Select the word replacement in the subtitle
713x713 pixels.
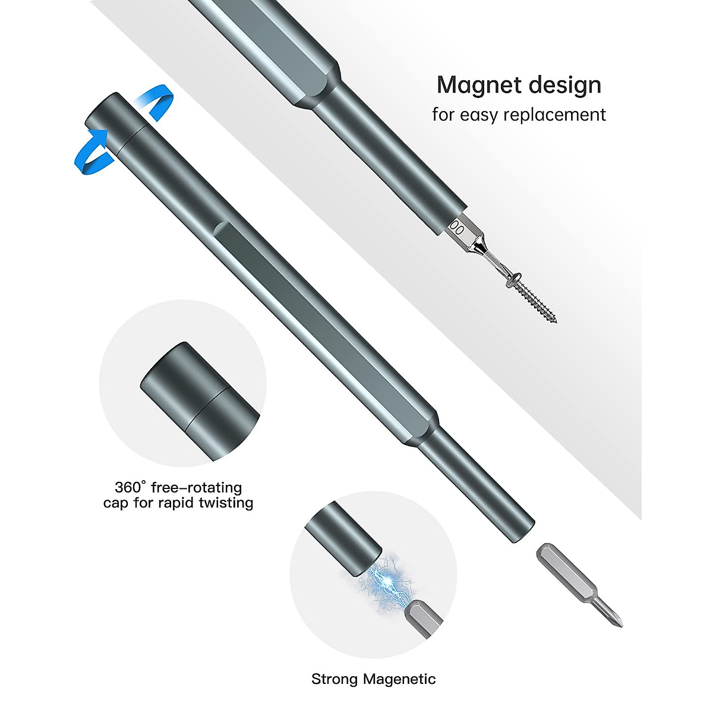pos(554,115)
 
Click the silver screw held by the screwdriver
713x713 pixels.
pos(532,294)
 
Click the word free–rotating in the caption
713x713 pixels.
pos(197,488)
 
